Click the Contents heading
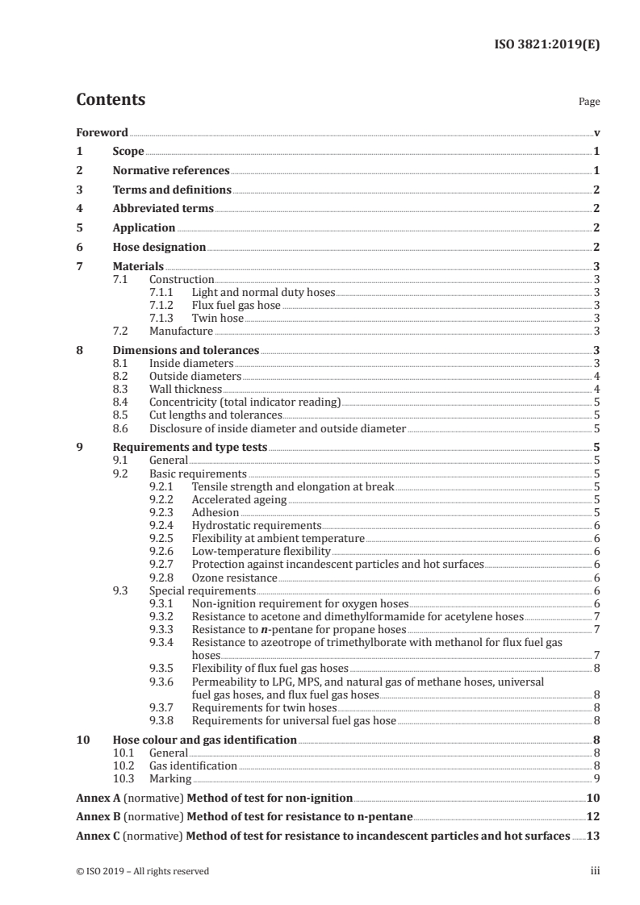[111, 101]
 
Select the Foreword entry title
[102, 132]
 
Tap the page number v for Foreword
[596, 132]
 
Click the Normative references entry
[171, 171]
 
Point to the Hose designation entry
[159, 247]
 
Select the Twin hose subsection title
[217, 318]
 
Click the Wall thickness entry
[186, 389]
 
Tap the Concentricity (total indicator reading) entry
[245, 402]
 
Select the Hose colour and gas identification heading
[204, 740]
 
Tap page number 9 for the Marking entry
[596, 778]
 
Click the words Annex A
[97, 799]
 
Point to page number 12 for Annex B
[593, 817]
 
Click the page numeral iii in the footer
[595, 871]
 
